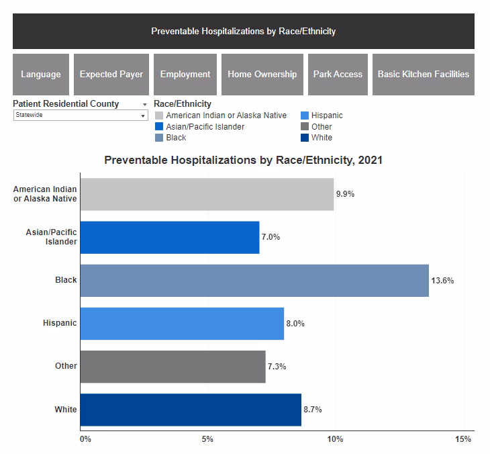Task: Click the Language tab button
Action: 41,75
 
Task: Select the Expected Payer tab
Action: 111,75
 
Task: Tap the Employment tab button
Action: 185,75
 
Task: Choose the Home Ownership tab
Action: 262,75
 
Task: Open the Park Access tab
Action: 338,75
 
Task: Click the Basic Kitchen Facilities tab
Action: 424,75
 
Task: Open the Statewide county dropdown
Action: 81,116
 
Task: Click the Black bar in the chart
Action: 254,280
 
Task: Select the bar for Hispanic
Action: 182,324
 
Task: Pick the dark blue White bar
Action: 191,410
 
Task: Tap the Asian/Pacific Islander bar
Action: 170,237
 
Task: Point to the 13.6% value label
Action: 443,281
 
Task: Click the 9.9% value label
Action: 345,194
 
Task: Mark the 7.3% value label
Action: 277,367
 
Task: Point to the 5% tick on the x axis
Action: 207,439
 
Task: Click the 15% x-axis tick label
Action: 463,439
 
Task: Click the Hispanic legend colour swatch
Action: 305,116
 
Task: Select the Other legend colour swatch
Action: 305,126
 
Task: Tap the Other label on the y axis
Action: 66,366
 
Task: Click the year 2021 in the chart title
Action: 371,161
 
